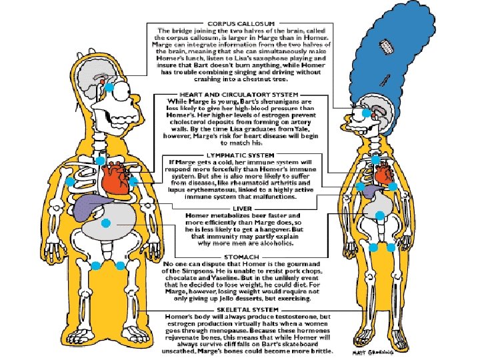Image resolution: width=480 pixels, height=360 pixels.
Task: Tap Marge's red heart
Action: (x=382, y=175)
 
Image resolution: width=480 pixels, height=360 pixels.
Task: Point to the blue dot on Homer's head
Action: (x=111, y=87)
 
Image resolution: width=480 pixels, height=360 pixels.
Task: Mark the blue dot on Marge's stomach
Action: (x=379, y=215)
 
